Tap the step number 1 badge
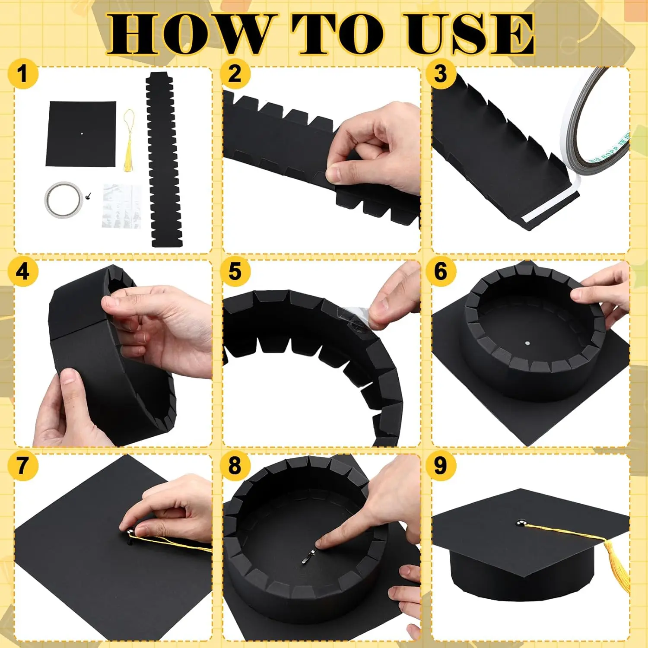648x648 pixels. (x=23, y=73)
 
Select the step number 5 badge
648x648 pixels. (x=235, y=271)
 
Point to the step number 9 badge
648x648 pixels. (x=440, y=465)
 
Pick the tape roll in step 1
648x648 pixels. (x=64, y=200)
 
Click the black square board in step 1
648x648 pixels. (x=81, y=133)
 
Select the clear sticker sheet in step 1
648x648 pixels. (x=122, y=206)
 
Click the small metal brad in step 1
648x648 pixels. (x=89, y=197)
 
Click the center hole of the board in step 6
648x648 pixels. (x=527, y=343)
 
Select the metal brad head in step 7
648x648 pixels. (x=130, y=530)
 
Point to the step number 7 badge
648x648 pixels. (x=23, y=465)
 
